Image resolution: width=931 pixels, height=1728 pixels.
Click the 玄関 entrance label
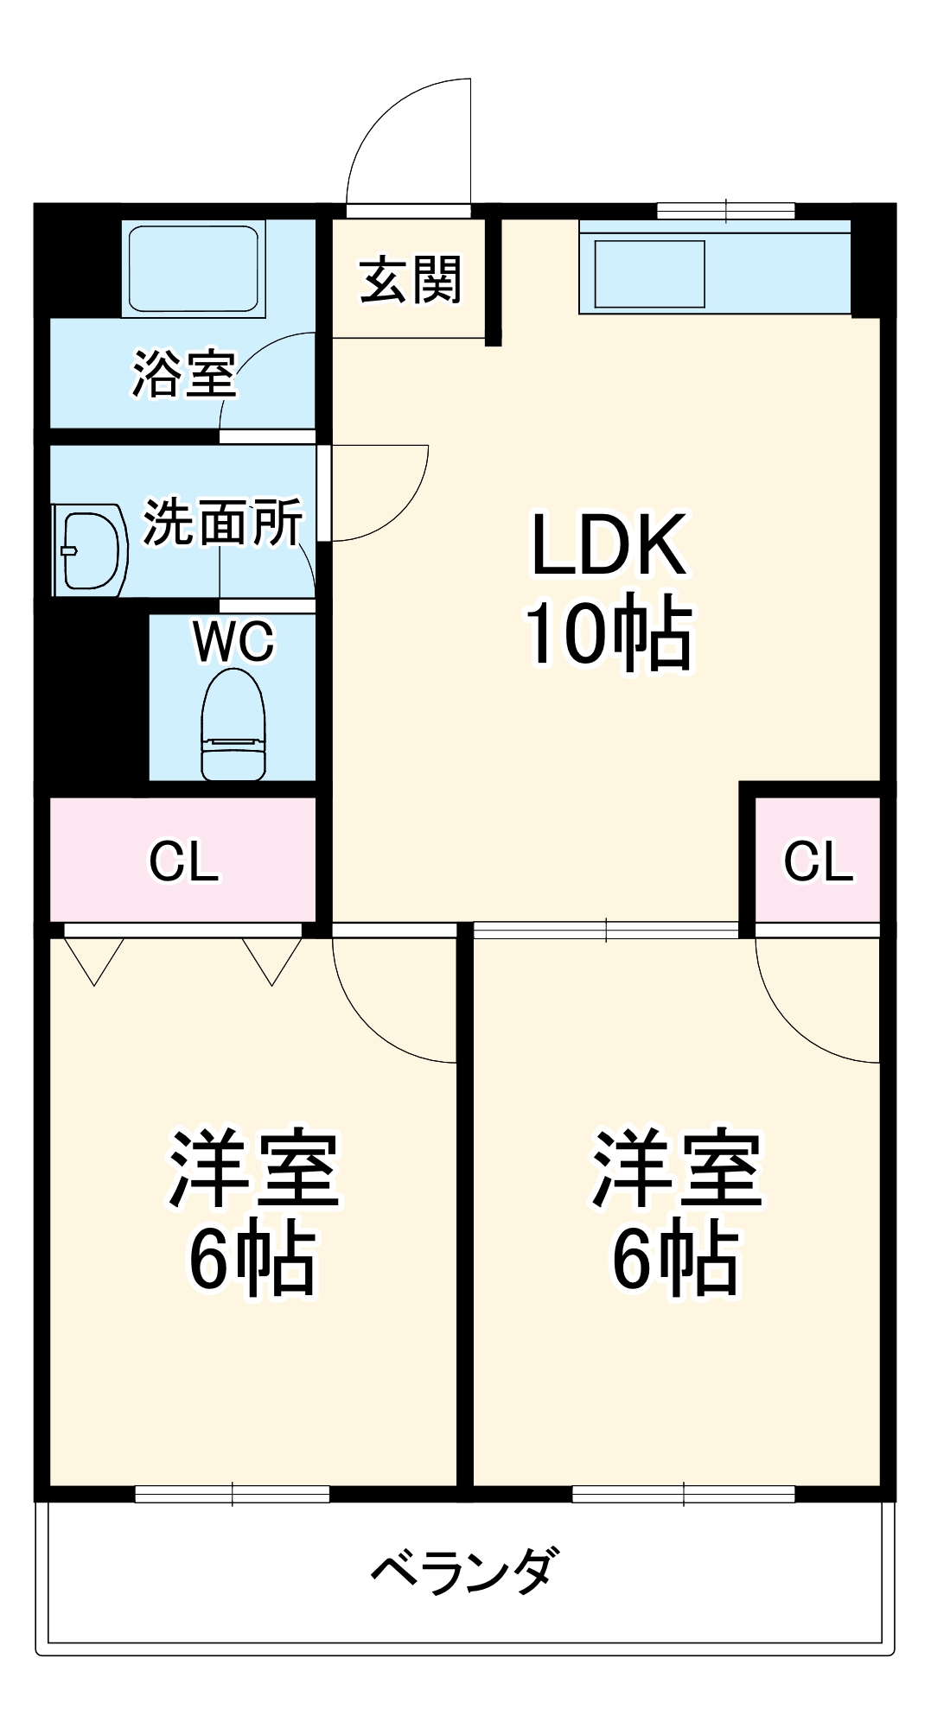coord(411,280)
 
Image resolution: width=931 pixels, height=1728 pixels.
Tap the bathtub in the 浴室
coord(194,269)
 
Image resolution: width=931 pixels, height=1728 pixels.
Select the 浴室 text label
coord(183,374)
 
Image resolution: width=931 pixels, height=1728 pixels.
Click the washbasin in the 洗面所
coord(92,550)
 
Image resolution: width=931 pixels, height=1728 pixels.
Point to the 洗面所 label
coord(223,523)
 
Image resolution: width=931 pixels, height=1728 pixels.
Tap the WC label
coord(233,641)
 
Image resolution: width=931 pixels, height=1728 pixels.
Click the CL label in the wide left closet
coord(183,861)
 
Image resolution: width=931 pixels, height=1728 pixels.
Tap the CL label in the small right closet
coord(818,861)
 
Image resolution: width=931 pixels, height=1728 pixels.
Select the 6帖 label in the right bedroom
coord(675,1259)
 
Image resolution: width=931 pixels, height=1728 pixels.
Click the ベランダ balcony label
coord(464,1570)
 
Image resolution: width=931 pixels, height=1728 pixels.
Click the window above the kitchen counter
coord(725,210)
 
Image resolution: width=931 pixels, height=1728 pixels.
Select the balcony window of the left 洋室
coord(233,1493)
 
